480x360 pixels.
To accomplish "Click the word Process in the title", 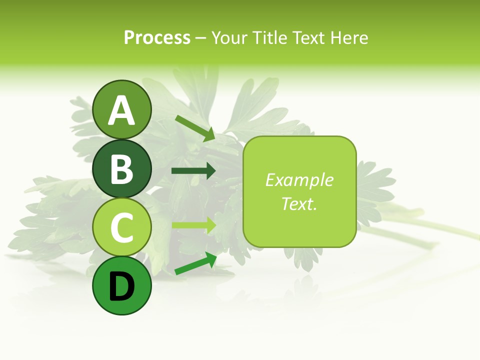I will coord(157,37).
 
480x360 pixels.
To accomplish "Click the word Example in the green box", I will coord(299,180).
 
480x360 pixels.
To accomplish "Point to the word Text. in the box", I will coord(299,203).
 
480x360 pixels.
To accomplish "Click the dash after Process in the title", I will coord(200,38).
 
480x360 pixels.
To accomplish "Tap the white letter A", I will coord(121,111).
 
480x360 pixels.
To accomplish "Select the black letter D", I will coord(121,287).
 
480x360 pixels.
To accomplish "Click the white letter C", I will coord(121,227).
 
